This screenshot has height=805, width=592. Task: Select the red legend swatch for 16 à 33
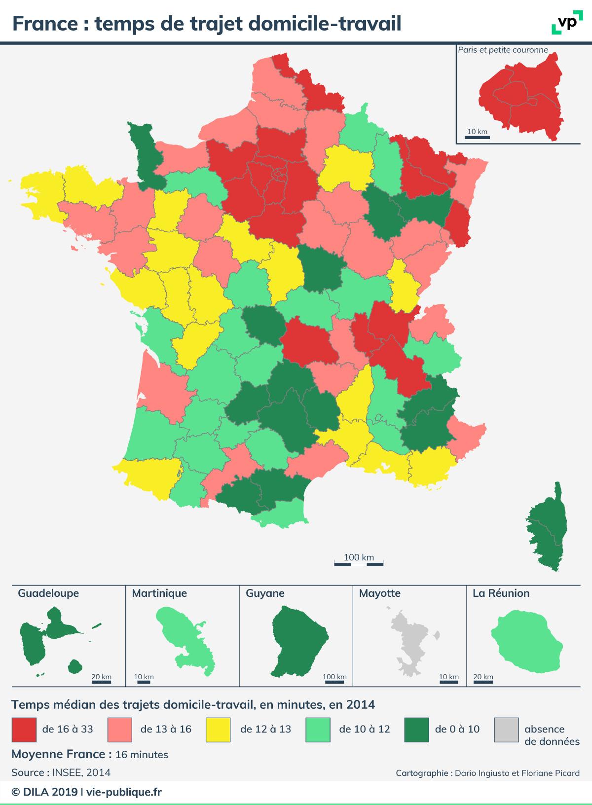[24, 730]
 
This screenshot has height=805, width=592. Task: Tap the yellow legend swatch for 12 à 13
[218, 730]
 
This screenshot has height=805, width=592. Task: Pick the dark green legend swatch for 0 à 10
[416, 730]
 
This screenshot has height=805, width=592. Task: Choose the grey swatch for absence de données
[506, 730]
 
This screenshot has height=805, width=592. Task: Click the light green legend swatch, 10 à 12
[318, 730]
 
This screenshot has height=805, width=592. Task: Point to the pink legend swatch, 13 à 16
[119, 730]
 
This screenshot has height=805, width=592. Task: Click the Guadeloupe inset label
[48, 593]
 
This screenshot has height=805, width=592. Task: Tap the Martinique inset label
[159, 593]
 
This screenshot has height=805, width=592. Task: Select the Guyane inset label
[265, 593]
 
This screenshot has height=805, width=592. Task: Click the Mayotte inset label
[380, 593]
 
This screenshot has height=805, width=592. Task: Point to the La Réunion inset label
[501, 593]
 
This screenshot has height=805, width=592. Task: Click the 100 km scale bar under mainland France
[359, 563]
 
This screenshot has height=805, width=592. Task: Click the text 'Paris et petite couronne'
[503, 50]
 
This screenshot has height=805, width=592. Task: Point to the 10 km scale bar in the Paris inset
[477, 138]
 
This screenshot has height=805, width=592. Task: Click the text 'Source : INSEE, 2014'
[61, 772]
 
